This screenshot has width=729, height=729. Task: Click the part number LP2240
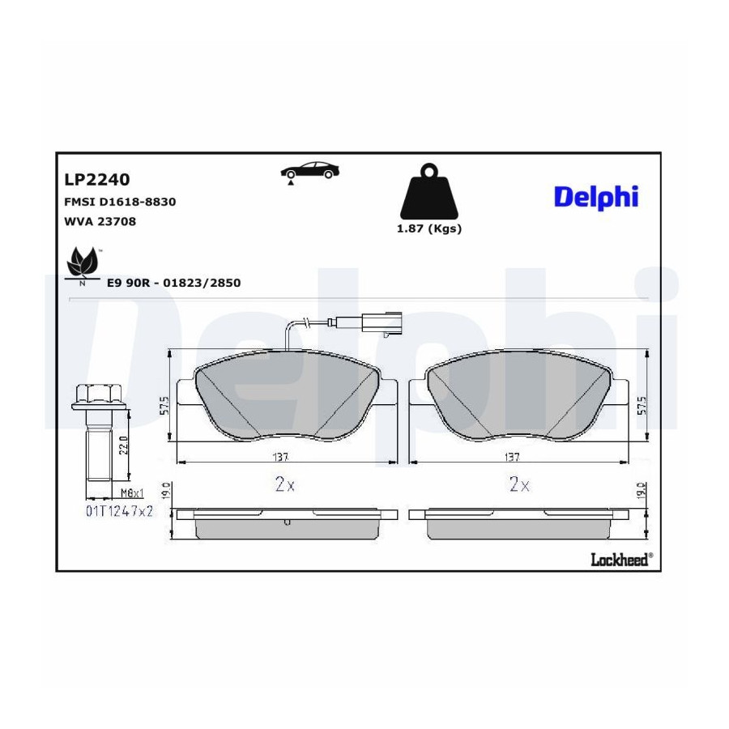tap(96, 180)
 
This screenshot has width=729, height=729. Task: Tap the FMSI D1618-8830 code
tap(120, 202)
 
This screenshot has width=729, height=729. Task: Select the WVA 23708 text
tap(100, 221)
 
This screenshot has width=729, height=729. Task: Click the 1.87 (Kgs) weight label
tap(428, 228)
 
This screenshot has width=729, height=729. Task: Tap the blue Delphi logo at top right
tap(596, 197)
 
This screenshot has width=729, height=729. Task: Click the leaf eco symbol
tap(83, 266)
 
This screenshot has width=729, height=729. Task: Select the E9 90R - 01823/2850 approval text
tap(174, 283)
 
